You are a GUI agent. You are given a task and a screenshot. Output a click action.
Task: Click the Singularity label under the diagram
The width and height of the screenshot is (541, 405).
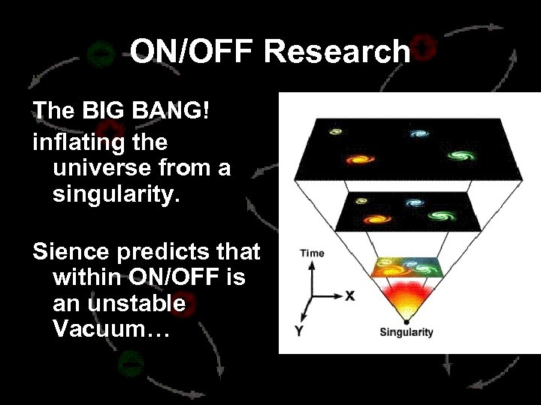pyautogui.click(x=406, y=332)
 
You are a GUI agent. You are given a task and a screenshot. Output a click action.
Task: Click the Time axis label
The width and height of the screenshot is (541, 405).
pyautogui.click(x=312, y=253)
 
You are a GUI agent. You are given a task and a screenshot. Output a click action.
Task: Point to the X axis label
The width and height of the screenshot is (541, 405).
pyautogui.click(x=349, y=295)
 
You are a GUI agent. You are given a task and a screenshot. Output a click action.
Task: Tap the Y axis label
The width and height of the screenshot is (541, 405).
pyautogui.click(x=299, y=331)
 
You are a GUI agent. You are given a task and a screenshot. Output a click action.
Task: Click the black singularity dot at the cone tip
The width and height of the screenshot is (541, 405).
pyautogui.click(x=406, y=321)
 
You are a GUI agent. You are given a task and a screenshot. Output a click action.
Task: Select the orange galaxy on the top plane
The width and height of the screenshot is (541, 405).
pyautogui.click(x=359, y=159)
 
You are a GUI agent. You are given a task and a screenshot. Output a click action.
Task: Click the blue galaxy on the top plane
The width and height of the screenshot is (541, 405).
pyautogui.click(x=418, y=134)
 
